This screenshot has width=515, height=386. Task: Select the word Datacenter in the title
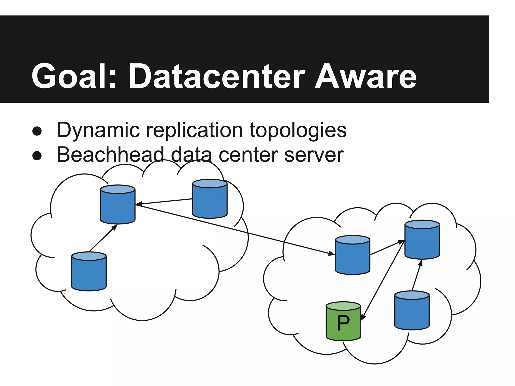tap(217, 76)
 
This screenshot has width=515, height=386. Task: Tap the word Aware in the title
tap(366, 76)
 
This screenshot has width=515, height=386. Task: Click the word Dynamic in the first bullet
tap(98, 130)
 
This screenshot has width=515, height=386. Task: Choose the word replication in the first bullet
tap(194, 130)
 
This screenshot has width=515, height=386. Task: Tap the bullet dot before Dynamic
tap(37, 131)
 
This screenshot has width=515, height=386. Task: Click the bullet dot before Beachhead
tap(37, 156)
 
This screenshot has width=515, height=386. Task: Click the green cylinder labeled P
tap(343, 327)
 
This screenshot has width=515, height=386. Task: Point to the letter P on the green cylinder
tap(343, 323)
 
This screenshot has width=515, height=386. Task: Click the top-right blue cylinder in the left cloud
tap(210, 199)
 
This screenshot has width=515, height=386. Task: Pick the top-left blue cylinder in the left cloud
tap(118, 205)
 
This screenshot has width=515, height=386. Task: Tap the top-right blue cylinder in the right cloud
tap(422, 240)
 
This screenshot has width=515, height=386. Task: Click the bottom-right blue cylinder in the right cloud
tap(412, 311)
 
